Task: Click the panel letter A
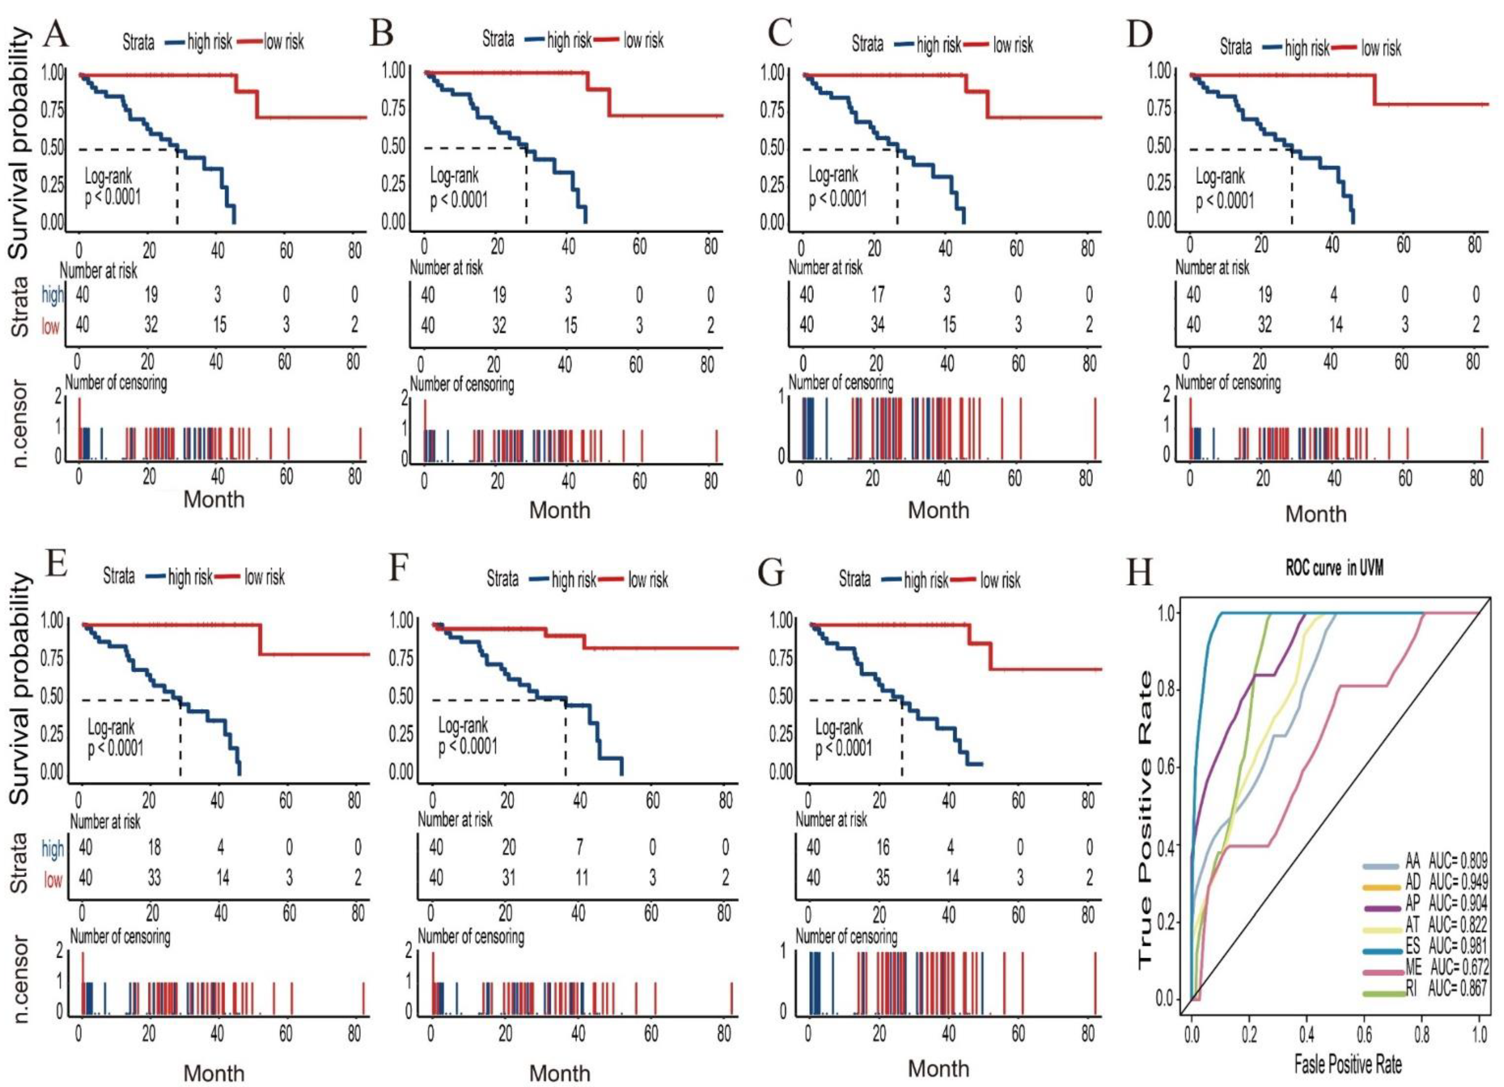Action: pyautogui.click(x=56, y=34)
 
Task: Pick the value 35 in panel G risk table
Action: pyautogui.click(x=883, y=878)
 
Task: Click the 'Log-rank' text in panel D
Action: pyautogui.click(x=1220, y=177)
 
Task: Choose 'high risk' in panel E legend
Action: pyautogui.click(x=190, y=577)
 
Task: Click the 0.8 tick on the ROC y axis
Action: pyautogui.click(x=1168, y=690)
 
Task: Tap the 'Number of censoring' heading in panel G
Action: pyautogui.click(x=846, y=937)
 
